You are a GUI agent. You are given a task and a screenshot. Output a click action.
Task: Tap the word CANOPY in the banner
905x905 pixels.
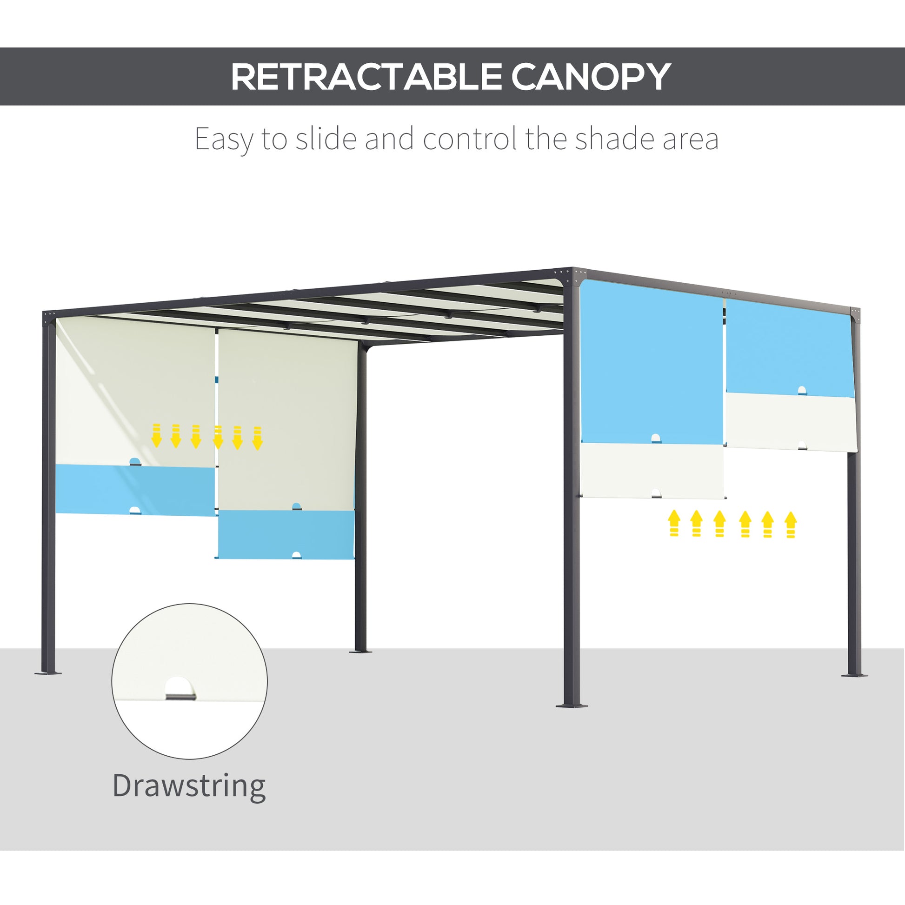(591, 77)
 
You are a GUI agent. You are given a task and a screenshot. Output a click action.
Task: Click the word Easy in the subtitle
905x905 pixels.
(223, 140)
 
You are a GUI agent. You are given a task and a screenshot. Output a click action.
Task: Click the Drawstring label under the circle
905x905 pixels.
(189, 785)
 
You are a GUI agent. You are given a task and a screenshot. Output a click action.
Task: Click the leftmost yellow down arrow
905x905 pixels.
(156, 435)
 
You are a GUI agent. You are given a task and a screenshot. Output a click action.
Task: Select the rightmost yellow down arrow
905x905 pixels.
(257, 438)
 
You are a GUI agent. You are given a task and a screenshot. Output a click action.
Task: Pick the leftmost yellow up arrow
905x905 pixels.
(674, 522)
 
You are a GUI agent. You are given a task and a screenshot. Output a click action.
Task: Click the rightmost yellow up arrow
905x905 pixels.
(791, 524)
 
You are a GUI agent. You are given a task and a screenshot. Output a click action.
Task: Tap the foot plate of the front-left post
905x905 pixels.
(48, 673)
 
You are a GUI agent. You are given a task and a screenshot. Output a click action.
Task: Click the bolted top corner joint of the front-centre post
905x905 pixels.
(572, 276)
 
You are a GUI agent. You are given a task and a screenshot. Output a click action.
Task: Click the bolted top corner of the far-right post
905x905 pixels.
(855, 314)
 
